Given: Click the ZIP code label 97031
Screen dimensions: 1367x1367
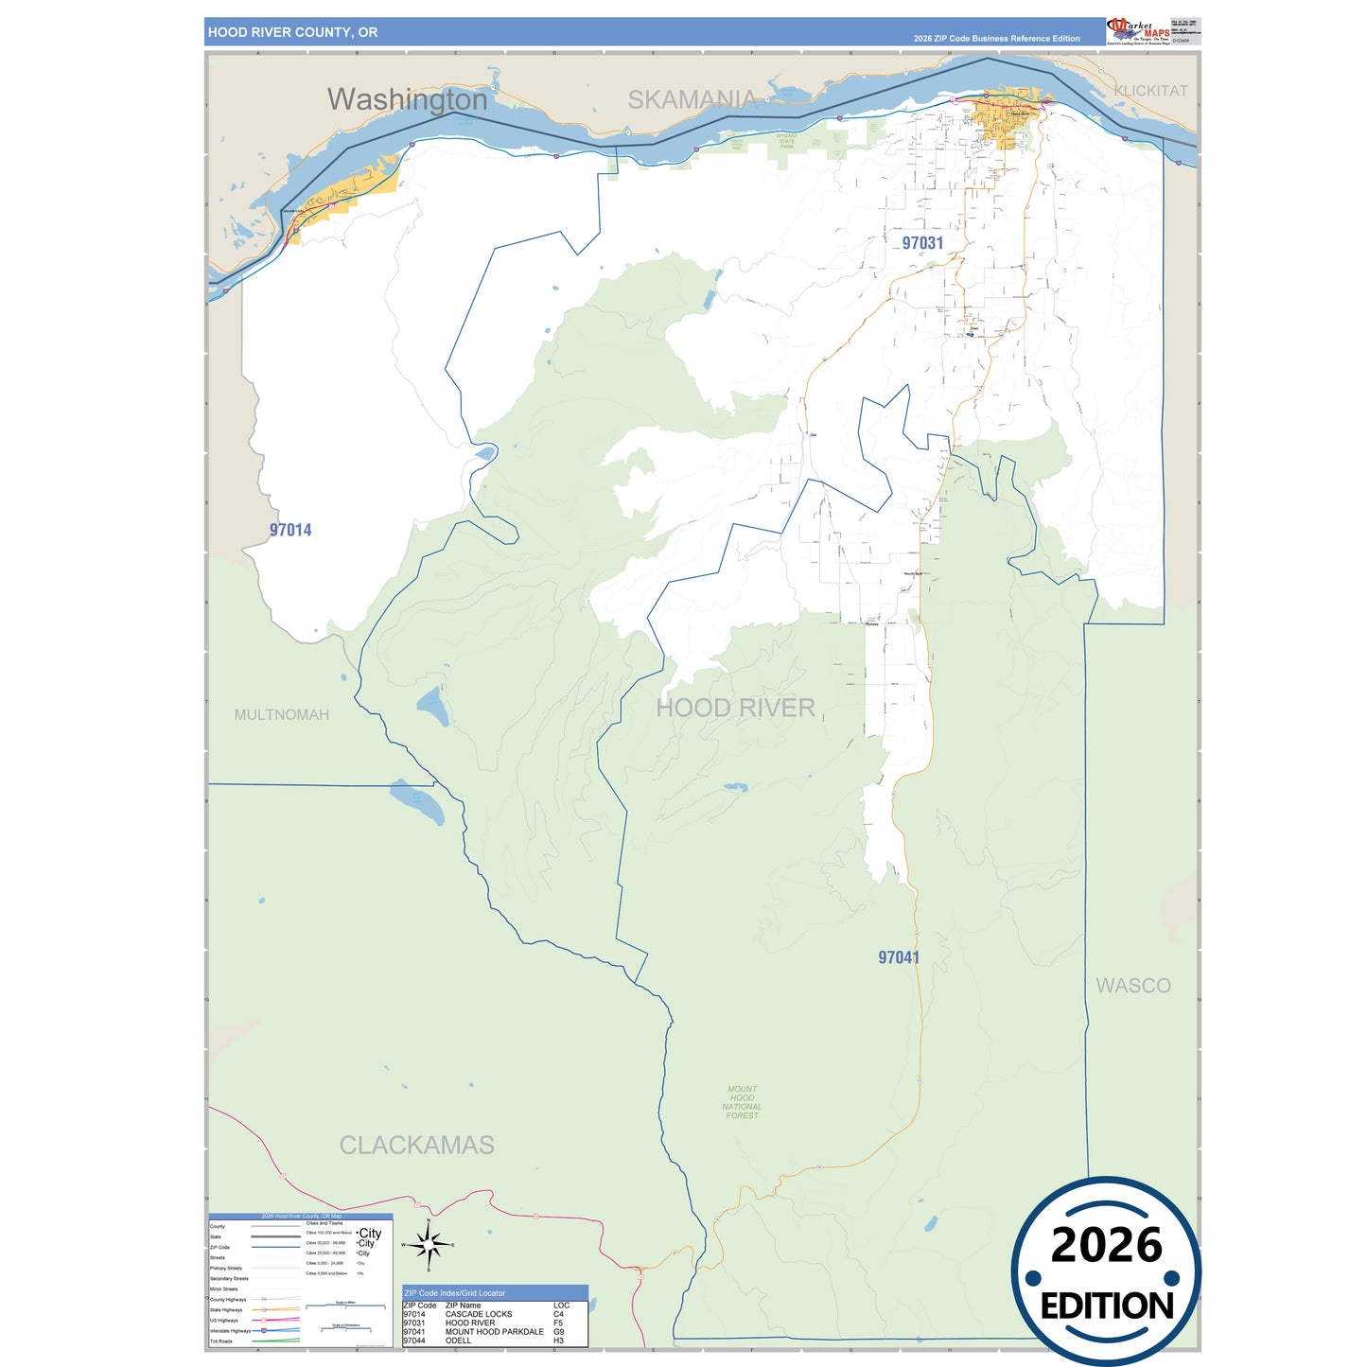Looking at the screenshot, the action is click(922, 243).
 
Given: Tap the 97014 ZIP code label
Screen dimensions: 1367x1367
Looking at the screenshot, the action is click(290, 530).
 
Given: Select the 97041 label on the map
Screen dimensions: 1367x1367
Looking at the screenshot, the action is click(898, 957).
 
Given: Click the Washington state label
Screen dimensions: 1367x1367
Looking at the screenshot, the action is click(407, 99).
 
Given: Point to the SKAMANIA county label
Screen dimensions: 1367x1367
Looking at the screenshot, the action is click(692, 99).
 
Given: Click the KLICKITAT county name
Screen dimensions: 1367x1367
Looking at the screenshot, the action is click(1150, 91).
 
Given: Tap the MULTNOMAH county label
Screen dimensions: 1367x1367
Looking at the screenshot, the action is click(282, 714).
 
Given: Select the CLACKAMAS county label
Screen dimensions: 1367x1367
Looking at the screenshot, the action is click(416, 1145).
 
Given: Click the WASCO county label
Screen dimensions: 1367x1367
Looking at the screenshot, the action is click(1132, 986).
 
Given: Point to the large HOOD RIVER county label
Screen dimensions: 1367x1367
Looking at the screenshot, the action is click(735, 708).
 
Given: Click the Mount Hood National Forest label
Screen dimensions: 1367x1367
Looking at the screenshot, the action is click(742, 1102).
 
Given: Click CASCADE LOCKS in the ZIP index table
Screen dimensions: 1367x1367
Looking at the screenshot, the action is click(479, 1314).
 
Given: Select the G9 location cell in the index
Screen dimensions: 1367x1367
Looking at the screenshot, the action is click(559, 1332).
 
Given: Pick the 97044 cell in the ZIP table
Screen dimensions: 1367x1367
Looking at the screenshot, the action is click(413, 1341).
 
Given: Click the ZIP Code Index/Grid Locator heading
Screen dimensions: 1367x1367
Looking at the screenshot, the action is click(454, 1292).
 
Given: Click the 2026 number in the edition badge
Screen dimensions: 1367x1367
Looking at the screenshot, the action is click(1106, 1245).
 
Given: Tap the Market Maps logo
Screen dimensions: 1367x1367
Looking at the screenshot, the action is click(1138, 31).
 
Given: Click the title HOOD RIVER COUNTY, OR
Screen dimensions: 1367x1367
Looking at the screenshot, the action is click(292, 32).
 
